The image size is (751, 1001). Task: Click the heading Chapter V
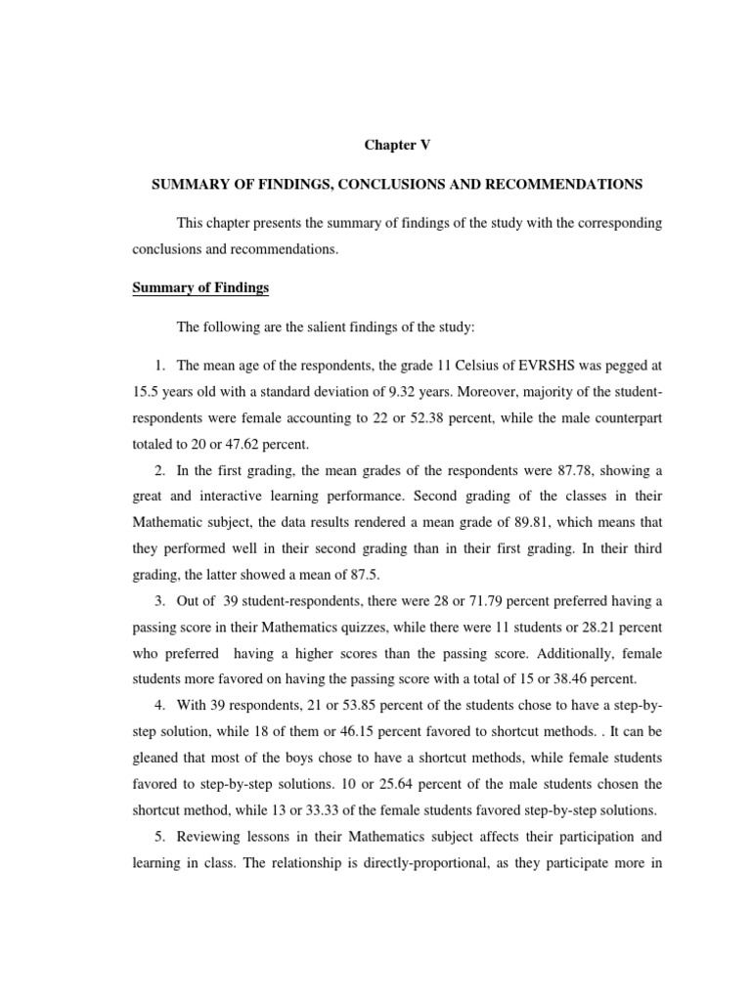(397, 145)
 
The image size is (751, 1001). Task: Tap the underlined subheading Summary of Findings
(200, 288)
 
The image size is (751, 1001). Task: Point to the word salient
(339, 327)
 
